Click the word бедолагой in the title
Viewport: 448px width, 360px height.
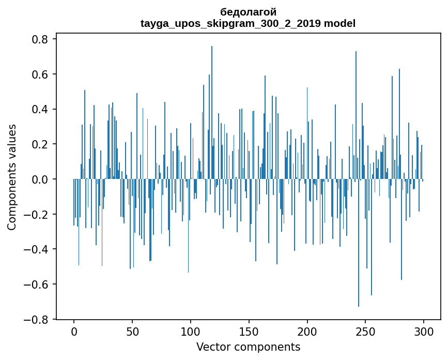coord(248,12)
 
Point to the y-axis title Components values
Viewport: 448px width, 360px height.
coord(12,177)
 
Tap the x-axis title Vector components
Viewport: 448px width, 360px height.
coord(248,347)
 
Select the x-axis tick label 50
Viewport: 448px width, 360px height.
coord(132,331)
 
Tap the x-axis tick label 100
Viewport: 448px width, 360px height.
coord(191,331)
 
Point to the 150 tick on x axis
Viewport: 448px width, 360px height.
coord(249,331)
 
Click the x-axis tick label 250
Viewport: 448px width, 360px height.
coord(366,331)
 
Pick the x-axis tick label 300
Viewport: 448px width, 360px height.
coord(424,331)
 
